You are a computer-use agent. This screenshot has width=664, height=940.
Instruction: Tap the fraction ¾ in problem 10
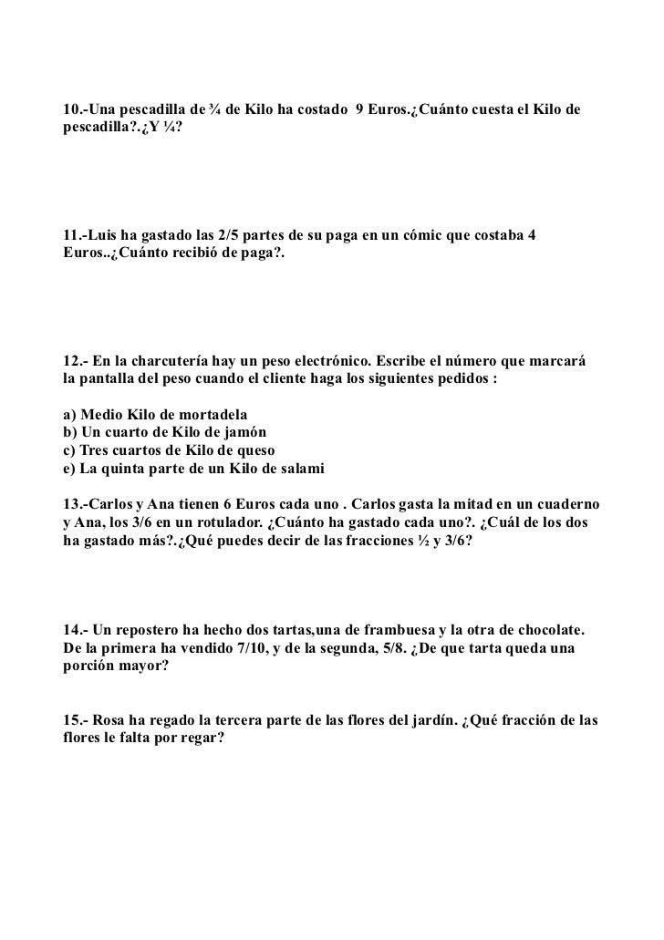click(214, 110)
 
